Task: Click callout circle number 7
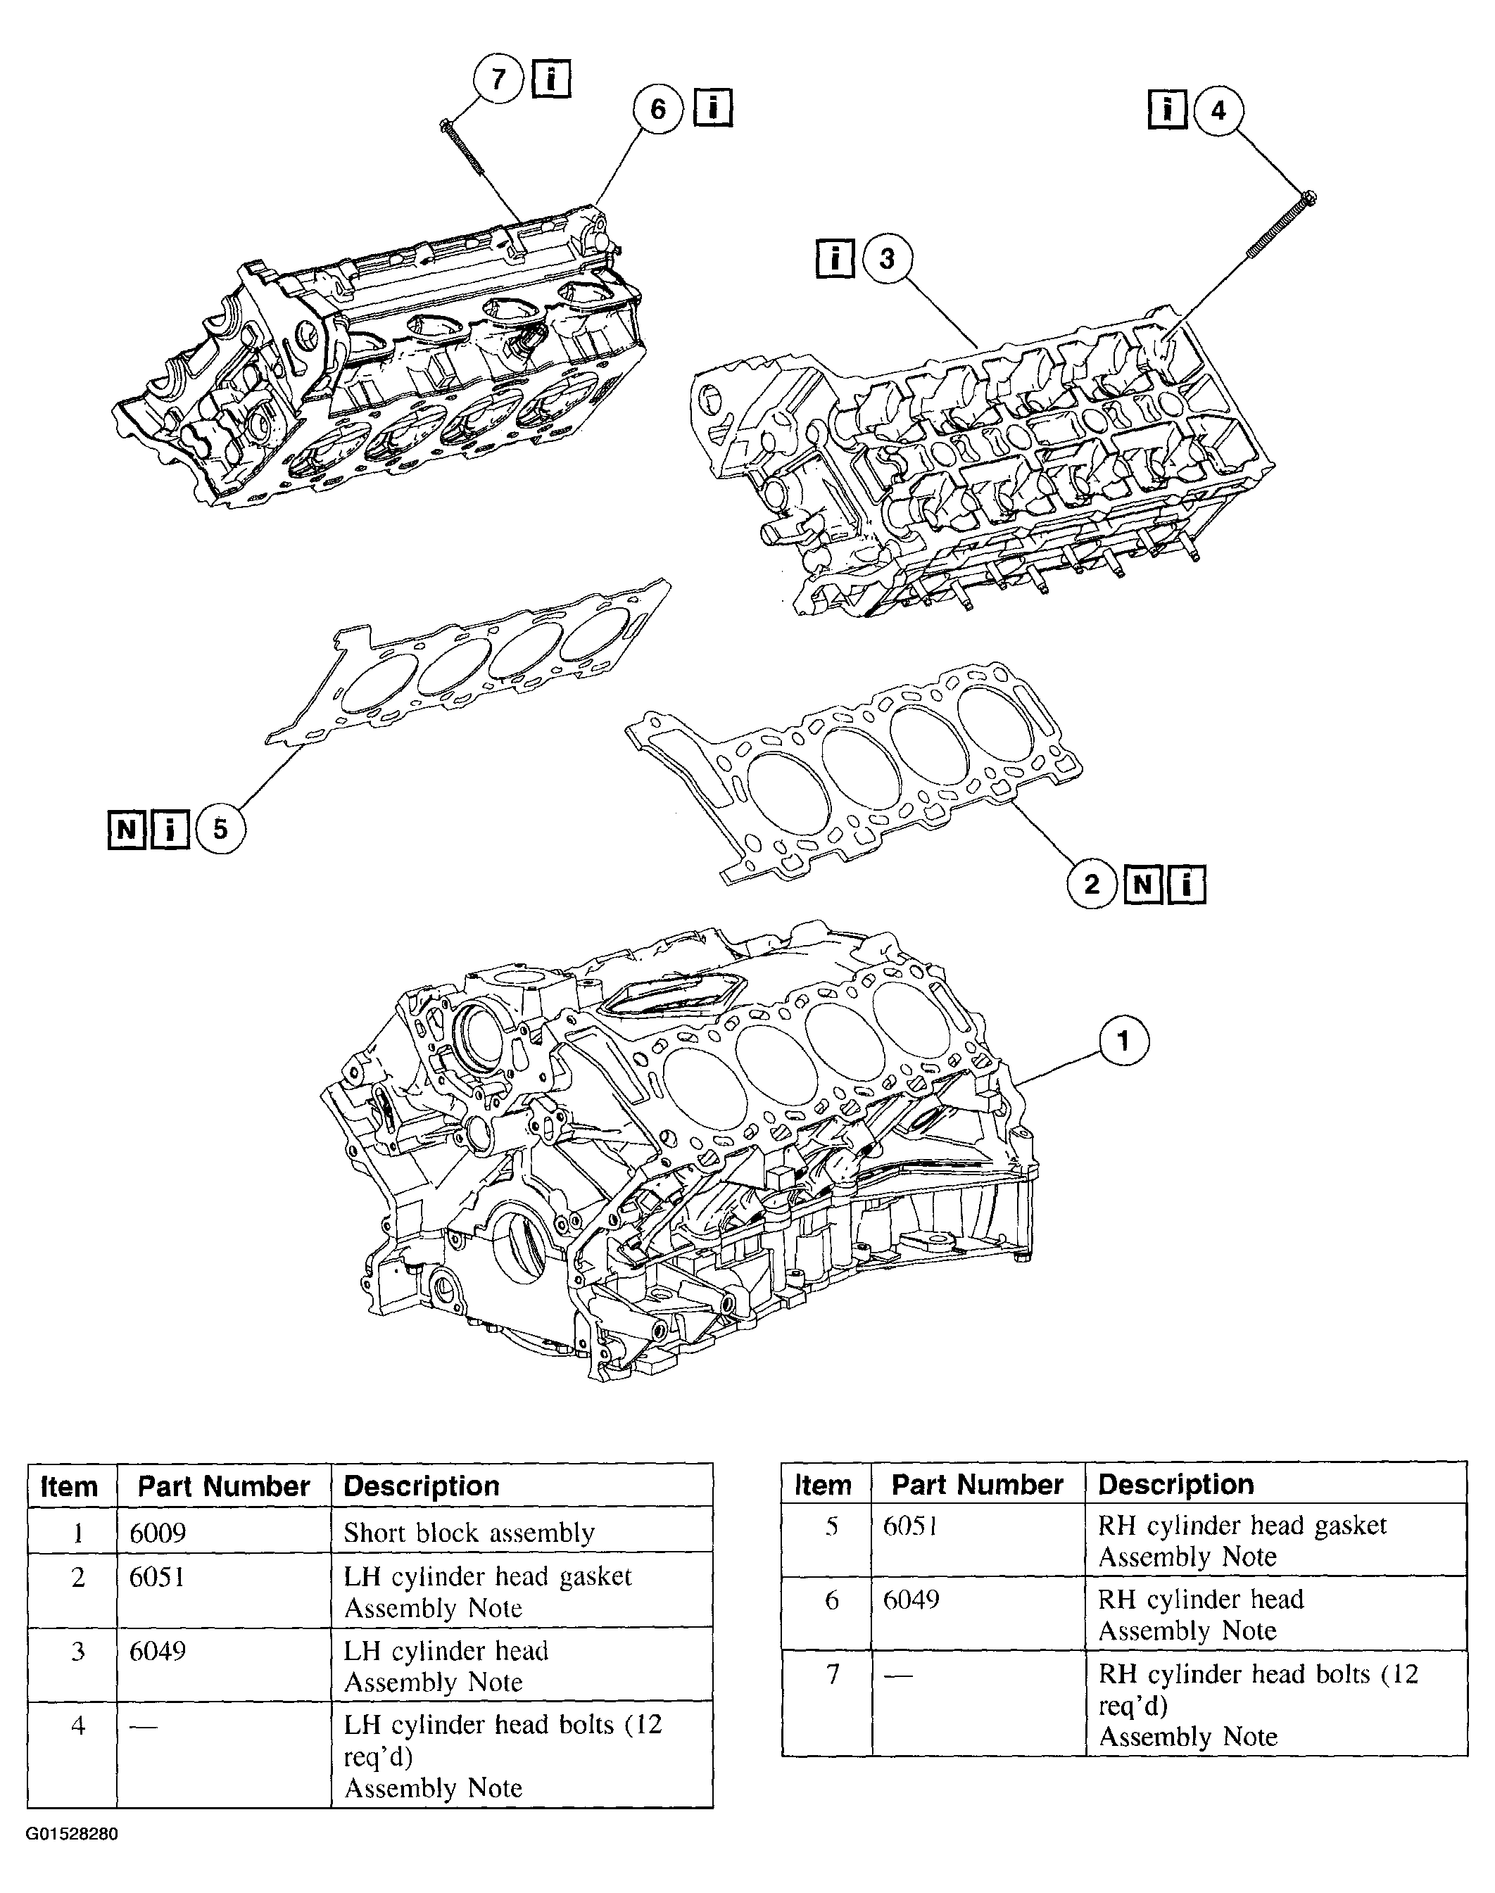(498, 80)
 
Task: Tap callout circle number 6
(657, 108)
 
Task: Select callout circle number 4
(1218, 110)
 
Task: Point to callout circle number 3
(887, 258)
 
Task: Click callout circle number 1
(1123, 1041)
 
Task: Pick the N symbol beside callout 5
(126, 829)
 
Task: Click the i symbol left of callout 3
(835, 258)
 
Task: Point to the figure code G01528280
(72, 1833)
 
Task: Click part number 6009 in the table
(158, 1533)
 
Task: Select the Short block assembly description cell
(469, 1533)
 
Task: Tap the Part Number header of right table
(977, 1484)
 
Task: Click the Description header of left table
(421, 1486)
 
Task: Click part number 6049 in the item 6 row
(911, 1599)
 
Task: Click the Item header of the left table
(69, 1486)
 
